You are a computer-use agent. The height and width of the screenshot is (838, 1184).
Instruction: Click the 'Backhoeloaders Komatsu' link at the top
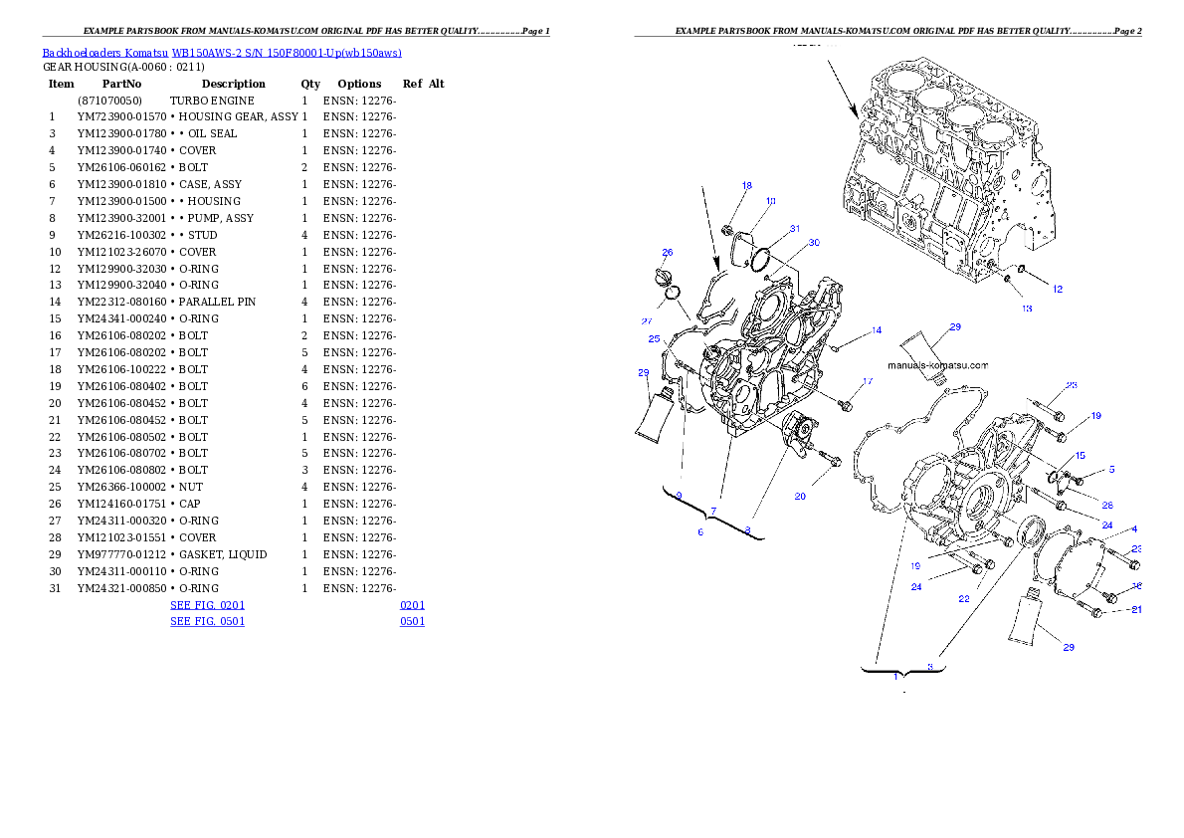pos(104,53)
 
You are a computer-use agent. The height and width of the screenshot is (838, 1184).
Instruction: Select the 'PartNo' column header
pos(121,84)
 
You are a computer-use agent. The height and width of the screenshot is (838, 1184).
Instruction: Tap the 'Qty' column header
pos(310,84)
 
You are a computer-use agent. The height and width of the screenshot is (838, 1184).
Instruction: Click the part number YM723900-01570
pos(121,117)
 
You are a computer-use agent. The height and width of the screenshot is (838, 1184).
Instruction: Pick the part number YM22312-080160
pos(121,303)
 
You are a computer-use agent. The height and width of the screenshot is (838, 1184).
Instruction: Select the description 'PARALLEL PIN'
pos(218,303)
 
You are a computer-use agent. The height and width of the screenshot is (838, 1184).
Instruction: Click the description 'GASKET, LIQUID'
pos(223,554)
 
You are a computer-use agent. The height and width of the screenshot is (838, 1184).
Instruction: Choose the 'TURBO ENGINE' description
pos(212,101)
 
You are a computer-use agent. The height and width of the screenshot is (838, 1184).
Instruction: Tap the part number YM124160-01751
pos(121,504)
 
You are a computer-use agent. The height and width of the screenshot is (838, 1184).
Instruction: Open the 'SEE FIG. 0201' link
pos(208,605)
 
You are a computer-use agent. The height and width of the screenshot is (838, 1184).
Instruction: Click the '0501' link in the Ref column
pos(412,622)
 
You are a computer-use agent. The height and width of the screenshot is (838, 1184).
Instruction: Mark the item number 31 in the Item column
pos(55,588)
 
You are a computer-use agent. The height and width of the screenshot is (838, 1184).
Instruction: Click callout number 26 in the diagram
pos(668,253)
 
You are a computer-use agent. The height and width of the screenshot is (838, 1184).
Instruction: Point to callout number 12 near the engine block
pos(1057,289)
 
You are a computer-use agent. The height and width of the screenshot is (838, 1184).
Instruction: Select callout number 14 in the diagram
pos(877,330)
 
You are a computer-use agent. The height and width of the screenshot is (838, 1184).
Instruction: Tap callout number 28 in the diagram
pos(1107,505)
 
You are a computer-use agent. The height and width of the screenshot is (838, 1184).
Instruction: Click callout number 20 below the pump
pos(800,497)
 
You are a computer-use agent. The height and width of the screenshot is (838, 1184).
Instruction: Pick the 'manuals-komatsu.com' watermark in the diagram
pos(938,365)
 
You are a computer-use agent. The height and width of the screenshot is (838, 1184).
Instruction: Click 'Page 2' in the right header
pos(1127,31)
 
